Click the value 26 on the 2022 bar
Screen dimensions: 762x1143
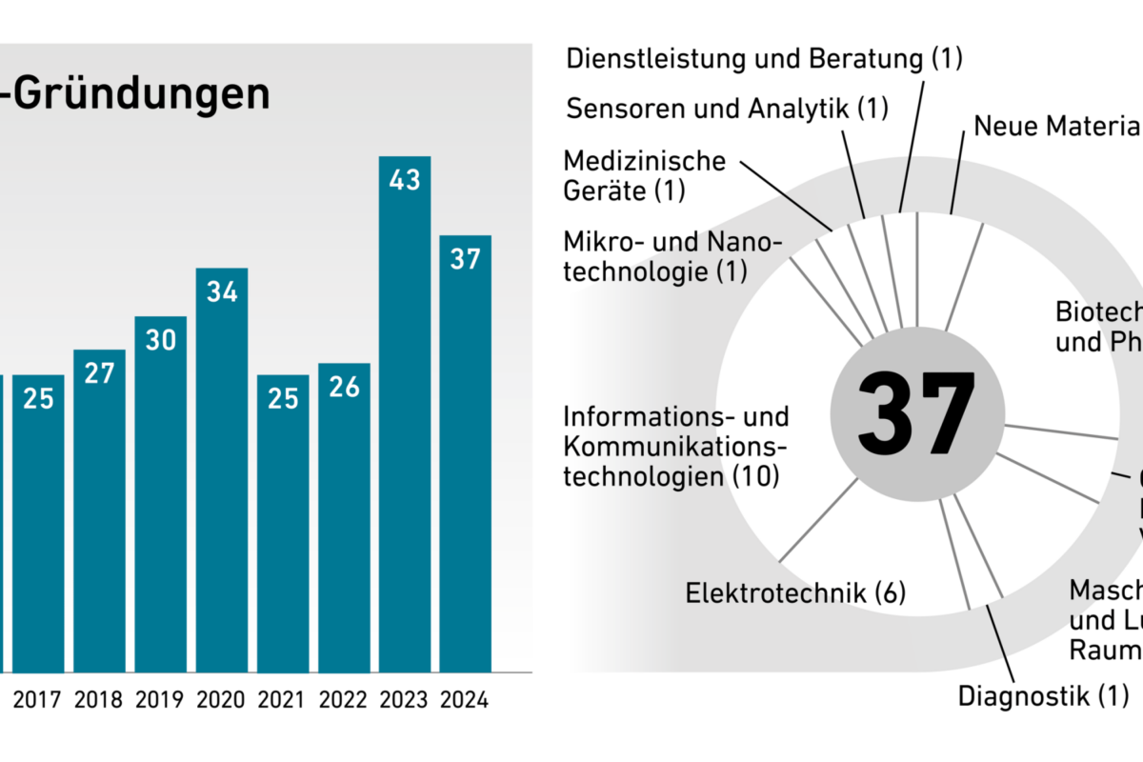pyautogui.click(x=344, y=388)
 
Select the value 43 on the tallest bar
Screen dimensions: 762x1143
pyautogui.click(x=405, y=179)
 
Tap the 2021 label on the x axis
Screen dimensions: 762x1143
pyautogui.click(x=283, y=700)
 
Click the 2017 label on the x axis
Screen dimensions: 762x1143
pyautogui.click(x=39, y=700)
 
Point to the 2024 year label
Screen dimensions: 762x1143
pyautogui.click(x=466, y=700)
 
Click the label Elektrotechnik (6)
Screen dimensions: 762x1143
pyautogui.click(x=795, y=593)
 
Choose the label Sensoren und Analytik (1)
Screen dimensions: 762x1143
pyautogui.click(x=727, y=108)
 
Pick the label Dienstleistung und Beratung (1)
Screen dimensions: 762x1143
pyautogui.click(x=765, y=58)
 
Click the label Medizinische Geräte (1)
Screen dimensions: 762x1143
pyautogui.click(x=645, y=175)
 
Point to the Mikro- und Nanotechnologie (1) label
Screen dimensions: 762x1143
pyautogui.click(x=672, y=256)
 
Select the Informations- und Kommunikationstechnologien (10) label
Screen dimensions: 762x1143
pyautogui.click(x=676, y=446)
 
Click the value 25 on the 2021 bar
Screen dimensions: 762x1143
pyautogui.click(x=283, y=398)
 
